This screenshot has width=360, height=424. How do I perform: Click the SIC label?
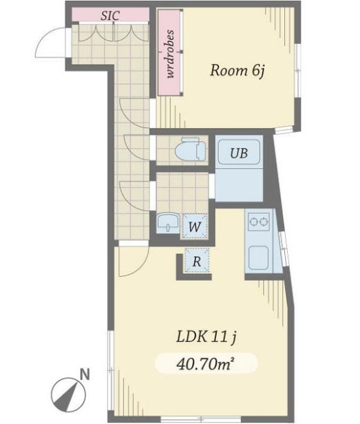110,15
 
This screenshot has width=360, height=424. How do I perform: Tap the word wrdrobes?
170,54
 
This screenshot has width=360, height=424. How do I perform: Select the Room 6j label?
237,71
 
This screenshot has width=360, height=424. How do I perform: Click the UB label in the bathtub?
239,153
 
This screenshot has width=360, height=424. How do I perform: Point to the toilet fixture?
191,149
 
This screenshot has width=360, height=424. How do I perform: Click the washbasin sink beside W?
168,223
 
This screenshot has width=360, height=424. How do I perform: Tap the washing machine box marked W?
195,226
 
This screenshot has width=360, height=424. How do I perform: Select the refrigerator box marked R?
197,261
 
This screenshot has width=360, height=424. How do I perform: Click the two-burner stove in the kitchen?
259,222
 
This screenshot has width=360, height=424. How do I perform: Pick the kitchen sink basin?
259,257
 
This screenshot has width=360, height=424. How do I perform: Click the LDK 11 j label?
207,337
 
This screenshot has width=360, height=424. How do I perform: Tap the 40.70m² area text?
205,364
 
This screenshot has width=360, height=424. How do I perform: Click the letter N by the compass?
85,375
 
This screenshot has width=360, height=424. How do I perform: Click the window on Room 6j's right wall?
297,70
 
